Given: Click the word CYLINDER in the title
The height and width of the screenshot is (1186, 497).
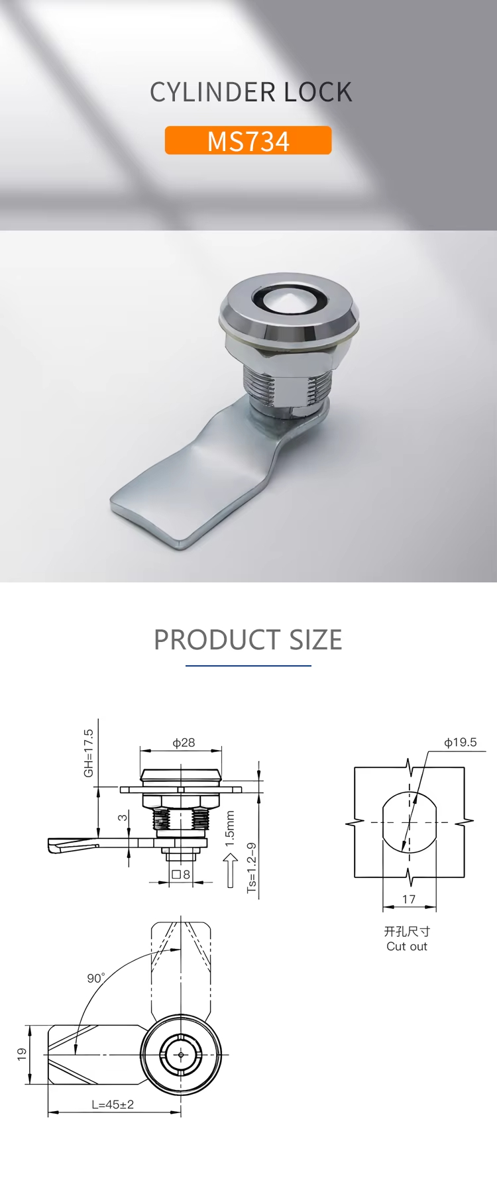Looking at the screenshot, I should click(213, 92).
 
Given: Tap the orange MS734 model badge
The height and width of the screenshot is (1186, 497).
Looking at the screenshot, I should click(248, 140).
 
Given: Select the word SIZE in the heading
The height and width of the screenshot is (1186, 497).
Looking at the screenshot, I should click(315, 639).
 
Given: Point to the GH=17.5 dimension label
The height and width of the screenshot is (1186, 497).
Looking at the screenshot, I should click(88, 753).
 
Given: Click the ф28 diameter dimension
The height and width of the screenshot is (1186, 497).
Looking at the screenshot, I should click(184, 743).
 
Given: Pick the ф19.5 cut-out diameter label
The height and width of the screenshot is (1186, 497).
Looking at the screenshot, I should click(461, 742).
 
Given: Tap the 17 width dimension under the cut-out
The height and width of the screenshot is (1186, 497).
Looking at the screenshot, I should click(409, 899).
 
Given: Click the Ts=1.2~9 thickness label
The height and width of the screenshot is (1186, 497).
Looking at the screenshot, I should click(251, 867).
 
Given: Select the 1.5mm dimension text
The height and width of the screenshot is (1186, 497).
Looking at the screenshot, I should click(230, 828).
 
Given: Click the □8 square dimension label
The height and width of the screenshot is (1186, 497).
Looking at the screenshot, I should click(181, 875).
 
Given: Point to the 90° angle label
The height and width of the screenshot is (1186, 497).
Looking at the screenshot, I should click(96, 978).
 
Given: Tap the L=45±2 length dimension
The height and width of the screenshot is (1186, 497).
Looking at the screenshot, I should click(113, 1105).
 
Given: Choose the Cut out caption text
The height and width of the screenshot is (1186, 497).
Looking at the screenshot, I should click(407, 946).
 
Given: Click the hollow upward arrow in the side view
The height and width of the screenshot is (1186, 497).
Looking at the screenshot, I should click(230, 870).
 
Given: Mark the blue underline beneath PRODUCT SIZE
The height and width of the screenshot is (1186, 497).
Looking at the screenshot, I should click(248, 665).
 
